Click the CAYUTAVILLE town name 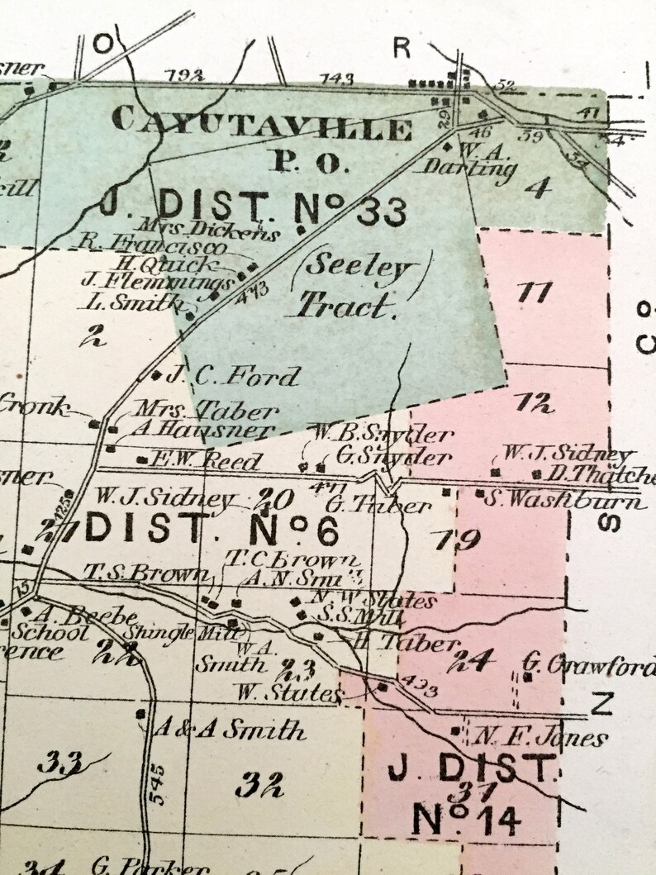click(261, 125)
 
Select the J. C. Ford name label click(233, 377)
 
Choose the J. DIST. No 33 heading click(254, 207)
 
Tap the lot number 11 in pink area click(536, 292)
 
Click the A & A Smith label click(229, 730)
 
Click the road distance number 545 click(159, 782)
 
